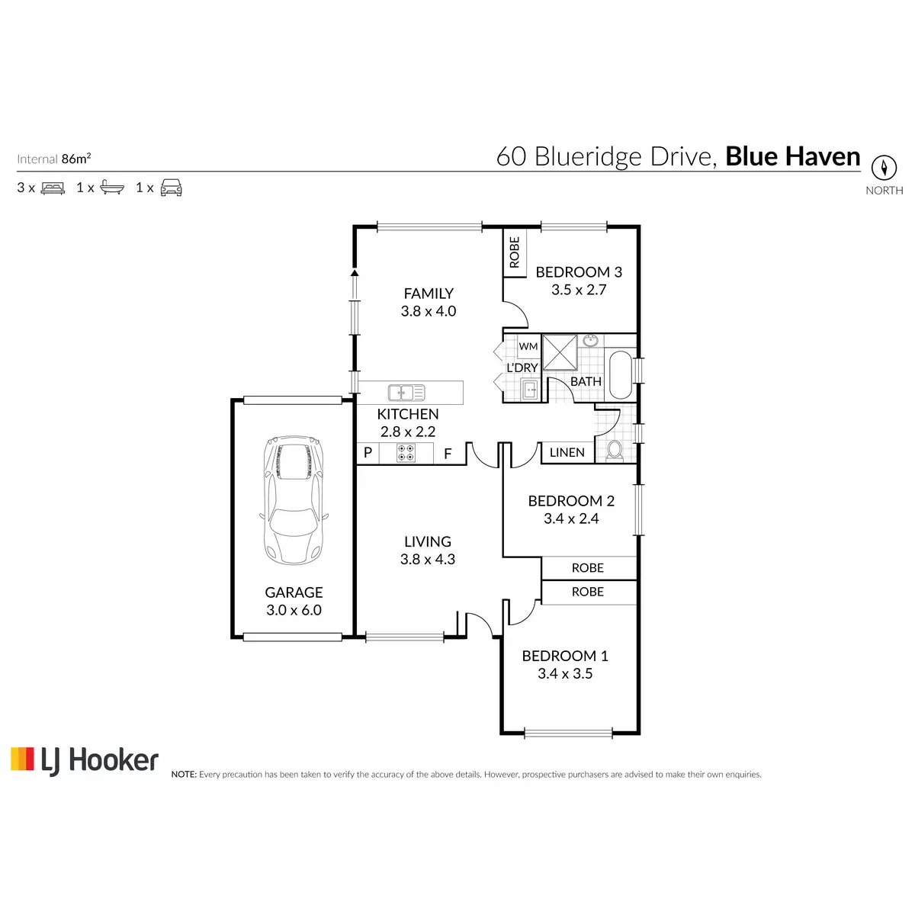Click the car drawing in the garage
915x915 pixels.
pyautogui.click(x=294, y=499)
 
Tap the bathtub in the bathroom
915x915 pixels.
pyautogui.click(x=620, y=374)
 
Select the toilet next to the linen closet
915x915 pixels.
pyautogui.click(x=615, y=451)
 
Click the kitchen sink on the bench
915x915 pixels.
pyautogui.click(x=406, y=393)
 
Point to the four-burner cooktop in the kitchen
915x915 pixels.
pyautogui.click(x=406, y=452)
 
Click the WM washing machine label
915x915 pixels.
pyautogui.click(x=528, y=346)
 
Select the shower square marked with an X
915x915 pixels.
pyautogui.click(x=560, y=352)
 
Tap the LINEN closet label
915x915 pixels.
pyautogui.click(x=567, y=452)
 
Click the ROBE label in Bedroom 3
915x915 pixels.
pyautogui.click(x=515, y=252)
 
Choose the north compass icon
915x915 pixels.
pyautogui.click(x=884, y=168)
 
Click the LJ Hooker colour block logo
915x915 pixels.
pyautogui.click(x=22, y=758)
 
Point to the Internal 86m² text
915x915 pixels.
pyautogui.click(x=53, y=159)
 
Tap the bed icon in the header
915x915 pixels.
pyautogui.click(x=53, y=188)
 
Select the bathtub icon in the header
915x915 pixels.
pyautogui.click(x=112, y=188)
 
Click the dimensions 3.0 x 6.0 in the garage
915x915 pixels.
pyautogui.click(x=294, y=610)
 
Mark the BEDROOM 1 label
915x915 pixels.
pyautogui.click(x=565, y=656)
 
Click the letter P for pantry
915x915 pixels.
pyautogui.click(x=368, y=452)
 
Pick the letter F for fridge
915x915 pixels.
pyautogui.click(x=448, y=454)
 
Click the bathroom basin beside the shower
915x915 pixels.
pyautogui.click(x=590, y=340)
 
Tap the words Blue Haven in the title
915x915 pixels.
pyautogui.click(x=792, y=156)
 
